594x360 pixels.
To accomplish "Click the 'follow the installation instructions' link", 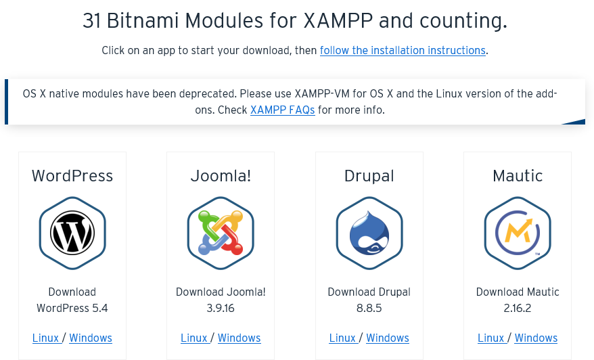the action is coord(403,51).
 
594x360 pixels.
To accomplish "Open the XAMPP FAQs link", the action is coord(282,110).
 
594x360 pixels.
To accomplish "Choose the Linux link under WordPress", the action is coord(45,338).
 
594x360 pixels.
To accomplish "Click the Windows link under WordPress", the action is coord(91,338).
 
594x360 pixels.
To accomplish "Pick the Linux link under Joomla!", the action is coord(194,338).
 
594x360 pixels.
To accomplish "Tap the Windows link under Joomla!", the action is coord(239,338).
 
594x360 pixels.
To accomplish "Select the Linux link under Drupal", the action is coord(342,338).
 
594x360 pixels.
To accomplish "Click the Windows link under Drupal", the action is coord(388,338).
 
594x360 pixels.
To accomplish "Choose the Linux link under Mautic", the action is coord(490,338).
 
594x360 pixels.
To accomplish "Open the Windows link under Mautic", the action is coord(536,338).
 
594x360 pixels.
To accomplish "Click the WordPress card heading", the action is coord(72,176).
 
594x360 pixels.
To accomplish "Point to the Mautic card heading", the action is coord(518,176).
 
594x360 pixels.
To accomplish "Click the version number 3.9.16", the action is coord(221,308).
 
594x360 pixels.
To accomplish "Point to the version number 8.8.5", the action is coord(369,308).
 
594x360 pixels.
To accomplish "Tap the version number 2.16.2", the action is coord(518,308).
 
